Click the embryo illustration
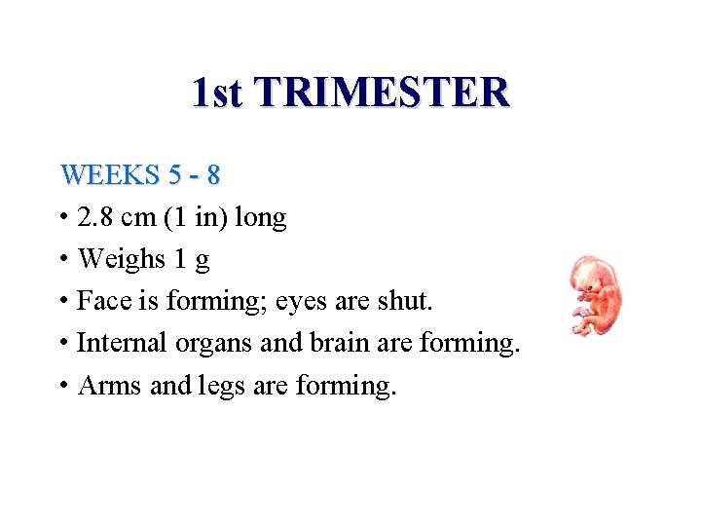[x=595, y=296]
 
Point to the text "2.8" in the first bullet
[x=97, y=217]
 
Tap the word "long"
[x=260, y=218]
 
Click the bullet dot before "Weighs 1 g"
[x=63, y=260]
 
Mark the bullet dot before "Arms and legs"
[x=63, y=386]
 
